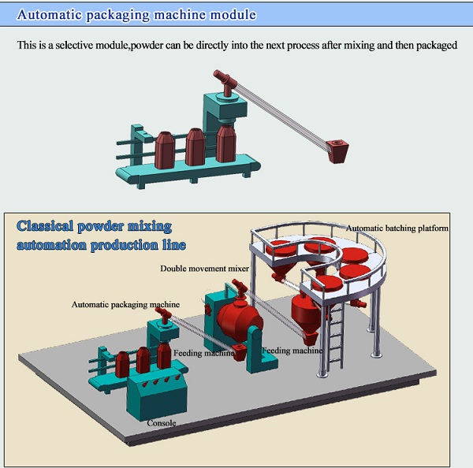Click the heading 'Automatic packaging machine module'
pyautogui.click(x=136, y=14)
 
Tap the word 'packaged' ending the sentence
pyautogui.click(x=437, y=45)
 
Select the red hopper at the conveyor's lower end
pyautogui.click(x=338, y=151)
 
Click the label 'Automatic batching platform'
pyautogui.click(x=397, y=228)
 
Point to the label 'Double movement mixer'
pyautogui.click(x=204, y=269)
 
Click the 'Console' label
pyautogui.click(x=162, y=423)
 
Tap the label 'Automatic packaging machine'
pyautogui.click(x=125, y=305)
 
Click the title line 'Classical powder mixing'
pyautogui.click(x=94, y=226)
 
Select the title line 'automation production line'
pyautogui.click(x=101, y=245)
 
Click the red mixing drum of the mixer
pyautogui.click(x=240, y=318)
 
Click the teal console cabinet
pyautogui.click(x=157, y=396)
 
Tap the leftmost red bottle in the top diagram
pyautogui.click(x=165, y=150)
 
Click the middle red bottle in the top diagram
pyautogui.click(x=196, y=147)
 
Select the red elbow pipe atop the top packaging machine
pyautogui.click(x=225, y=81)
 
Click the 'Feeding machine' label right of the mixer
pyautogui.click(x=292, y=351)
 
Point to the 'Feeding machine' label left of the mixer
pyautogui.click(x=204, y=353)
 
